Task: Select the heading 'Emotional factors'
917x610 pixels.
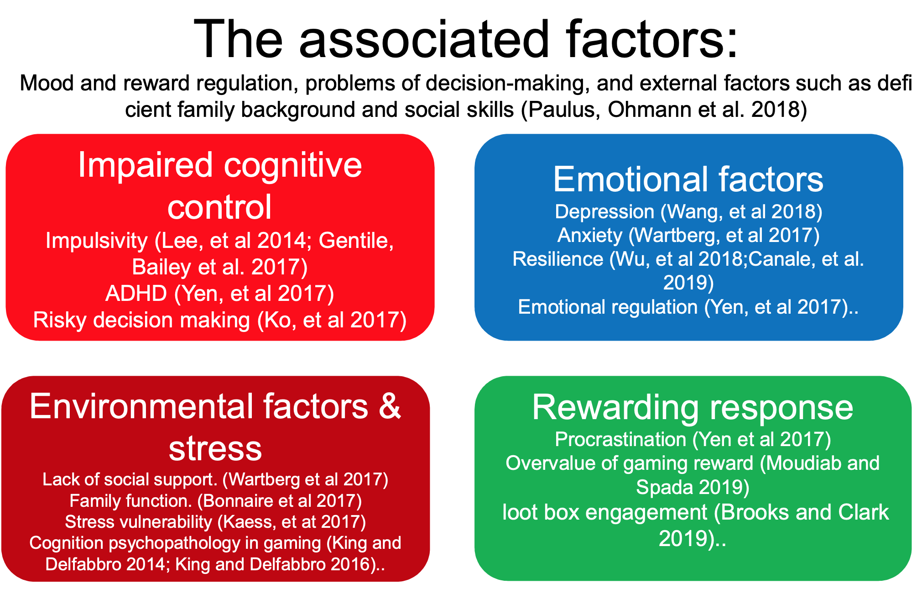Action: pos(688,179)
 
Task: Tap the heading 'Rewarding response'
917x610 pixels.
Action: pos(693,407)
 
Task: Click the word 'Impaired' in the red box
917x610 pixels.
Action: pos(146,166)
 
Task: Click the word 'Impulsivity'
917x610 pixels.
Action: pos(97,241)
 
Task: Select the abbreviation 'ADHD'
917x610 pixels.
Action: pos(136,293)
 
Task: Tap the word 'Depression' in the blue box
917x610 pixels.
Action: pos(604,212)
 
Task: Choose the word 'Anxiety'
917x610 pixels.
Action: pos(590,236)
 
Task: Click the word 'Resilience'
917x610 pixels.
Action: pos(558,259)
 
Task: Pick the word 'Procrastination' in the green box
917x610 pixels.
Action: pos(620,439)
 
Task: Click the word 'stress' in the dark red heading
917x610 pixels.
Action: pos(215,449)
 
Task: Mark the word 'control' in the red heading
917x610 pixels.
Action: pos(219,207)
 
